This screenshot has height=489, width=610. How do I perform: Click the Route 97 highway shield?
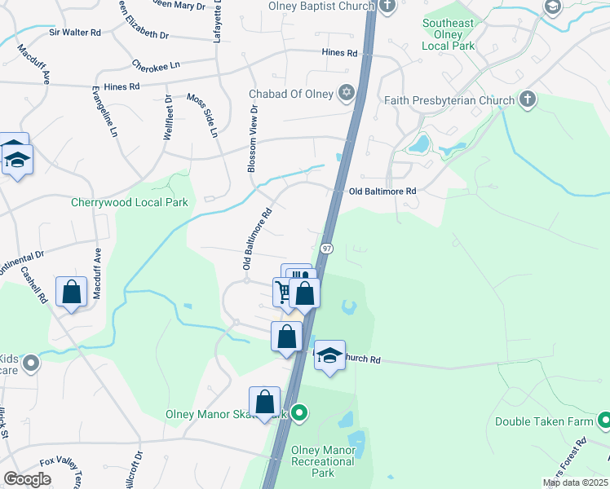click(x=326, y=248)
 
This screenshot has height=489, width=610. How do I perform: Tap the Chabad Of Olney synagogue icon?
click(x=347, y=94)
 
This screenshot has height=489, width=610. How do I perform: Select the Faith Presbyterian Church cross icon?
click(x=528, y=100)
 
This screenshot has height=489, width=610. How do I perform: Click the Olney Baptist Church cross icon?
click(x=387, y=7)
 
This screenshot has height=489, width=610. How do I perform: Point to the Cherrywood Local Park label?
click(x=130, y=203)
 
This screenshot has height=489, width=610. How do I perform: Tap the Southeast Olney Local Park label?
click(x=448, y=34)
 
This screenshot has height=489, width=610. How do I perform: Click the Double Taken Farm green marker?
click(x=604, y=421)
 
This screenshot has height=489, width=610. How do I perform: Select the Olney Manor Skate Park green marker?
click(x=299, y=413)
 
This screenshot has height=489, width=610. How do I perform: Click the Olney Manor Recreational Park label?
click(x=324, y=461)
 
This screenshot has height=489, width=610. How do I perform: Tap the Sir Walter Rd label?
click(x=74, y=33)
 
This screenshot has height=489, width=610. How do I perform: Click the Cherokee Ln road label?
click(x=155, y=62)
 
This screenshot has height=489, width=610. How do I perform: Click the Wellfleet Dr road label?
click(x=167, y=119)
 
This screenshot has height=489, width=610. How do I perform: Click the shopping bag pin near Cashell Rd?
click(x=71, y=291)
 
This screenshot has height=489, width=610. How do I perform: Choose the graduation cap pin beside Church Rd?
click(x=329, y=355)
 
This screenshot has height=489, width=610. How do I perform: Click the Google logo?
click(x=27, y=479)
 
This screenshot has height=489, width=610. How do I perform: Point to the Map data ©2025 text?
click(x=575, y=482)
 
